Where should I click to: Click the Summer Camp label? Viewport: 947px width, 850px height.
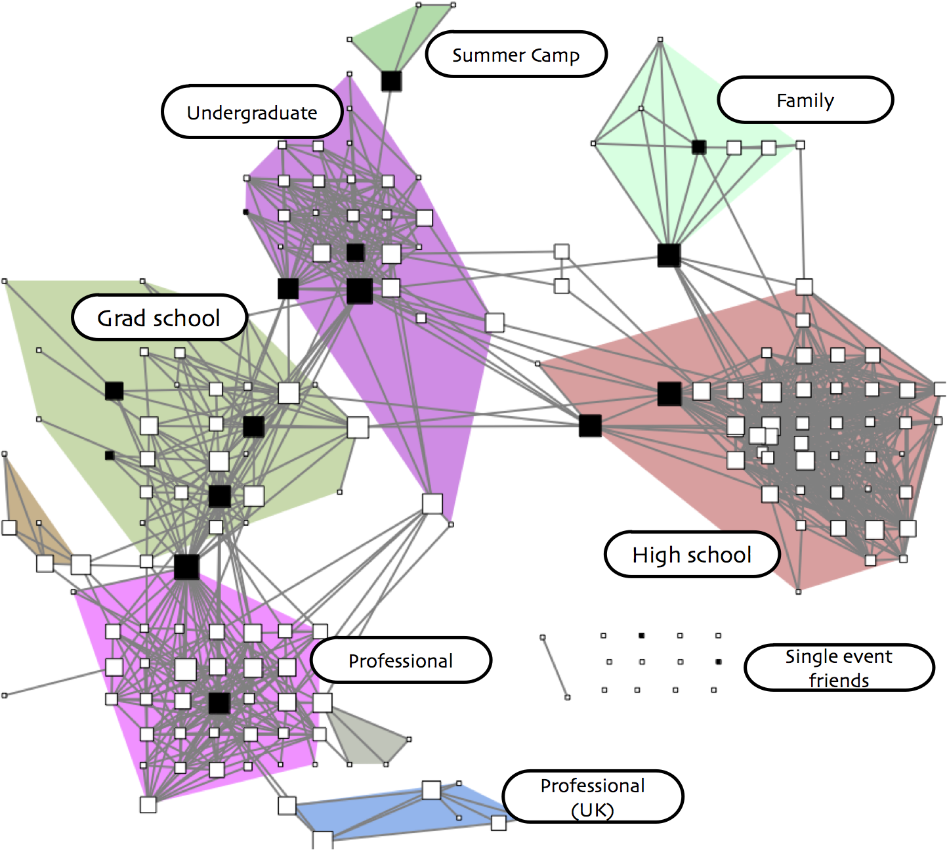point(516,55)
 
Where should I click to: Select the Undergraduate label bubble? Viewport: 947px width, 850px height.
point(252,112)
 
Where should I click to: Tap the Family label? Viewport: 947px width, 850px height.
point(805,100)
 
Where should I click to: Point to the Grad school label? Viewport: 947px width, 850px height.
point(159,318)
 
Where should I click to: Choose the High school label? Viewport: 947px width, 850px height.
point(692,555)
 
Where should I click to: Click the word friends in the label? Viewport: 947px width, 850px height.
point(839,680)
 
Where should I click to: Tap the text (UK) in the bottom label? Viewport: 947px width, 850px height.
point(592,810)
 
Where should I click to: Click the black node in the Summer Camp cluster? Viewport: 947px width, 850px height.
point(391,81)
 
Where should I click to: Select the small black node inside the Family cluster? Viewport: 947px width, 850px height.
point(699,147)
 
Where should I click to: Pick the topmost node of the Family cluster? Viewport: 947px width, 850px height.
point(660,40)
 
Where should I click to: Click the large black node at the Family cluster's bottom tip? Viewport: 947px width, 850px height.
point(669,255)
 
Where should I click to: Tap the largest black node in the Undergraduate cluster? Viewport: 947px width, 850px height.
point(360,291)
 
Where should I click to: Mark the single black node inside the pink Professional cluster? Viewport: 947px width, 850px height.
point(219,703)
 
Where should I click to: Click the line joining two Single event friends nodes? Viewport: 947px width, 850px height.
point(555,667)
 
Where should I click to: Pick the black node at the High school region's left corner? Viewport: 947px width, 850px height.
point(590,426)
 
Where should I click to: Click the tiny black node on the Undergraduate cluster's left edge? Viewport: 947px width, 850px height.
point(246,212)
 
